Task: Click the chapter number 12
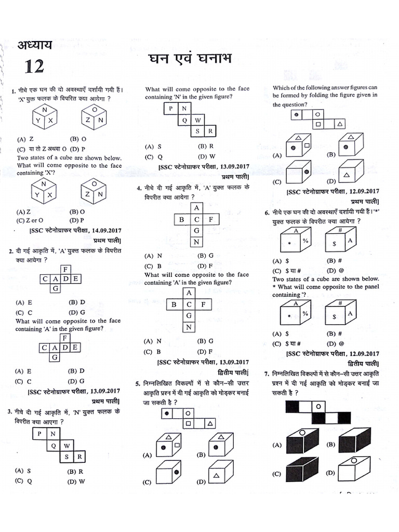32,66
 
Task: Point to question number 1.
11,92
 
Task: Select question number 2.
11,251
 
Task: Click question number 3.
10,412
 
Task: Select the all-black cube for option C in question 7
301,469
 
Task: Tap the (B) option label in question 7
331,445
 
